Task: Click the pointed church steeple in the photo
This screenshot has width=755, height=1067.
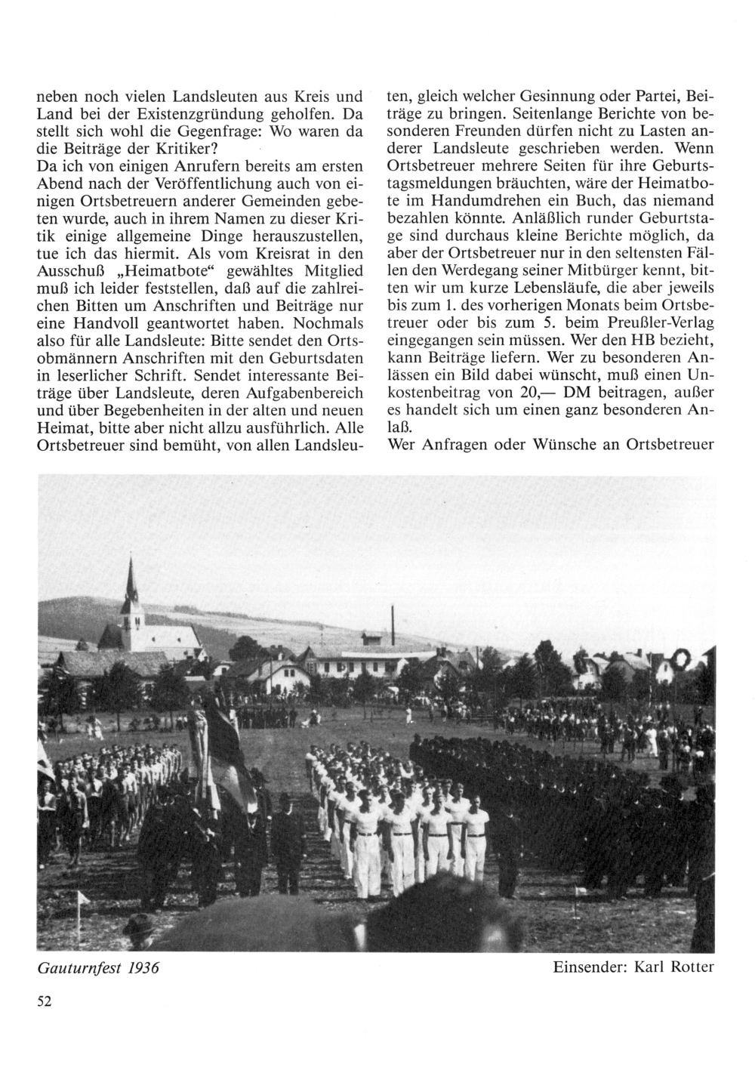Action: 133,585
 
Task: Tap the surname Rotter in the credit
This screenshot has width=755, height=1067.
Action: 689,967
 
